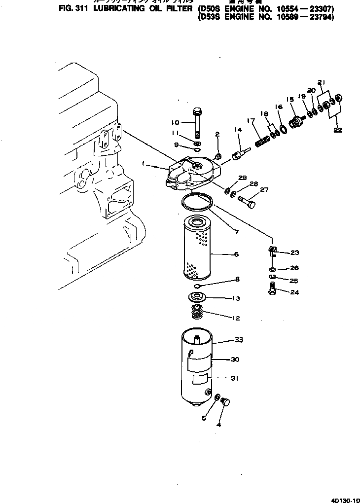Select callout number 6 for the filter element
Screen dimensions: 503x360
[236, 254]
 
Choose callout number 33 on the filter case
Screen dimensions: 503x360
[239, 340]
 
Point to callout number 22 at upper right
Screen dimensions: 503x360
[338, 130]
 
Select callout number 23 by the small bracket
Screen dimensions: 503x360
[294, 253]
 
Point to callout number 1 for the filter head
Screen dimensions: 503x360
[143, 163]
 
